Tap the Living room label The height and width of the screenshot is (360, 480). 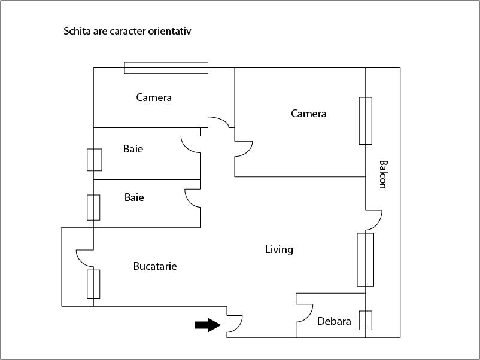point(279,249)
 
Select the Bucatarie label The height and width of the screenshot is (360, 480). point(155,266)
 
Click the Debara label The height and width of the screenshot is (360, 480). point(334,321)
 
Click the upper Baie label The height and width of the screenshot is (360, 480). point(133,149)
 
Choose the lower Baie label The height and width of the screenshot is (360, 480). point(134,197)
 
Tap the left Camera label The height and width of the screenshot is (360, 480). point(154,97)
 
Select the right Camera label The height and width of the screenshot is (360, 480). point(309,114)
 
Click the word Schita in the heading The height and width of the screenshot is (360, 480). point(76,31)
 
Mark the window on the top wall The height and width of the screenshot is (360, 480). point(166,68)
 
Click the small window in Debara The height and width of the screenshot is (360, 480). point(365,321)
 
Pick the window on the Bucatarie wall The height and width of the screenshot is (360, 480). point(93,284)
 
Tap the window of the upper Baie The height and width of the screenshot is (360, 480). point(94,160)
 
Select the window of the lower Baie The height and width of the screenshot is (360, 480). point(93,208)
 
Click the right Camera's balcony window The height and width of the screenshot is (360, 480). point(365,121)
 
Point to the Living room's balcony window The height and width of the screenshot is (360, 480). point(365,260)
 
